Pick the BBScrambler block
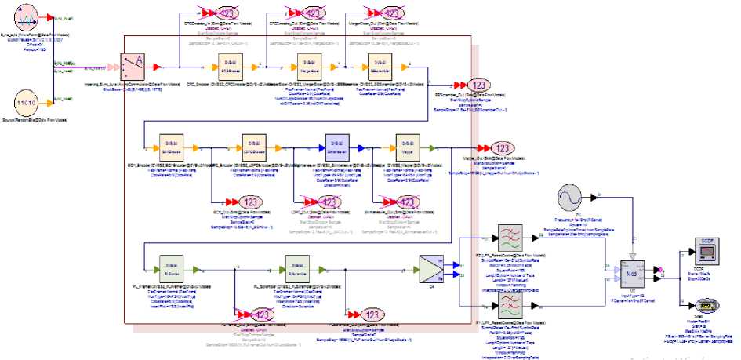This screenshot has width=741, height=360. [383, 67]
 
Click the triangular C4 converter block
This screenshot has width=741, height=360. [431, 270]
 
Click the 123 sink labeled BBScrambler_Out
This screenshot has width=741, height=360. [479, 85]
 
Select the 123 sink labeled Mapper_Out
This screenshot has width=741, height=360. [503, 149]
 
